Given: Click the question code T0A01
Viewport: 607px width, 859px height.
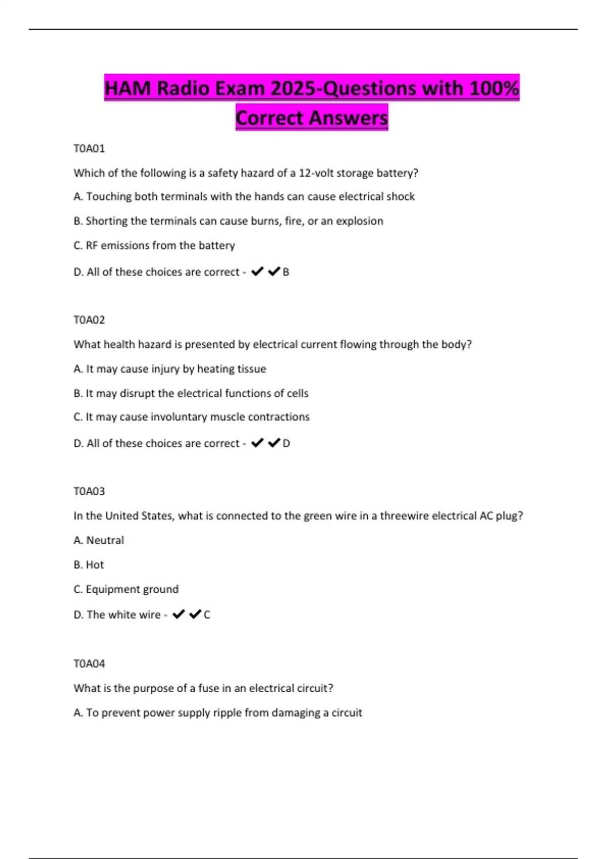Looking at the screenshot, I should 89,149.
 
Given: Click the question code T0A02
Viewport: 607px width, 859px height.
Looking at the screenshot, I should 89,320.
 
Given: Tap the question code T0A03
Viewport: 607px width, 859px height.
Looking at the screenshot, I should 89,491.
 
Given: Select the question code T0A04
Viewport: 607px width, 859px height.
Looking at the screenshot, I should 89,663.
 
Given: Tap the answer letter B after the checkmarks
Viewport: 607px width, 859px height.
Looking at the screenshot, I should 286,272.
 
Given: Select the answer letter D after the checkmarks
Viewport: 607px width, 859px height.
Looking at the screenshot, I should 286,444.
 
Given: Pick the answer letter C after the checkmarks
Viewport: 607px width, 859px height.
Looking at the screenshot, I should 207,615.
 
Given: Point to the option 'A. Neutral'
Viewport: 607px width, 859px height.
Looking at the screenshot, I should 99,541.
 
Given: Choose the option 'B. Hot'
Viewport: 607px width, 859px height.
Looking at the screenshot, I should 89,565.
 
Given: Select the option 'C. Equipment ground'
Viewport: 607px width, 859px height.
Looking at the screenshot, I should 126,589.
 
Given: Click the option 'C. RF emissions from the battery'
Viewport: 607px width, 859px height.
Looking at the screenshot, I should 154,246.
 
